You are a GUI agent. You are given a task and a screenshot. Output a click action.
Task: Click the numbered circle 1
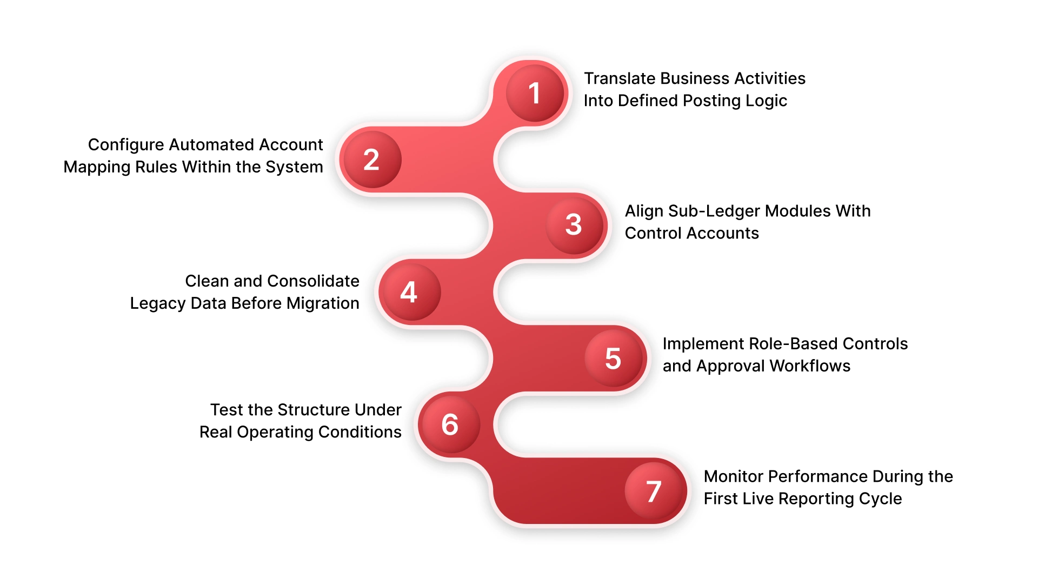pyautogui.click(x=535, y=93)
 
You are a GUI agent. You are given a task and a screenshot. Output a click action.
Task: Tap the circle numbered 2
pyautogui.click(x=371, y=160)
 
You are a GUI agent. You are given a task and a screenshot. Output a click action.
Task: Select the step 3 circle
pyautogui.click(x=574, y=224)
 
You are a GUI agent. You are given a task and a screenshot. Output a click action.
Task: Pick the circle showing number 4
pyautogui.click(x=409, y=292)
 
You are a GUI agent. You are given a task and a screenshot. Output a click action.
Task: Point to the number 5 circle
pyautogui.click(x=614, y=358)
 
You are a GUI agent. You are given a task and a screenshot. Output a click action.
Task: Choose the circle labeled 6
pyautogui.click(x=450, y=424)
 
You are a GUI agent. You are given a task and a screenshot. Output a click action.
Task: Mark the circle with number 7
pyautogui.click(x=654, y=491)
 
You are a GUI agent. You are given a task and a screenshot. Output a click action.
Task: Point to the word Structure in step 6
pyautogui.click(x=313, y=410)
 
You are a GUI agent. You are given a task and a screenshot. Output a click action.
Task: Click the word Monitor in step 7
pyautogui.click(x=733, y=476)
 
